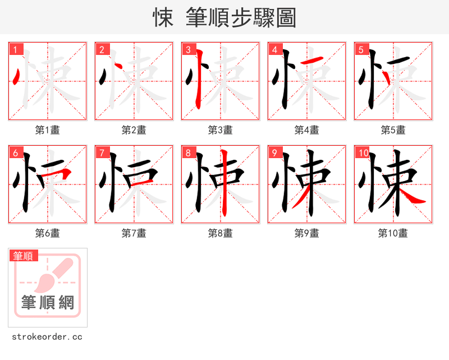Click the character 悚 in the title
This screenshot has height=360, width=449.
pos(163,18)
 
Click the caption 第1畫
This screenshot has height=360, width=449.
pos(48,130)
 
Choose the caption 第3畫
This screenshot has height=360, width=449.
pos(221,130)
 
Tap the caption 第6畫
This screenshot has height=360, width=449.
pos(48,233)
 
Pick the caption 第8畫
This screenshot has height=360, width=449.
pos(221,233)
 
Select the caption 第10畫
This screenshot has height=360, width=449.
pos(393,233)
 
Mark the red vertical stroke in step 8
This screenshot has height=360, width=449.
pos(224,182)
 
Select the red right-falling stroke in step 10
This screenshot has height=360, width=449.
pos(413,196)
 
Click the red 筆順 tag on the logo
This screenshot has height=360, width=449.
pos(24,256)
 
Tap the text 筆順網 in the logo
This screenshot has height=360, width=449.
pos(48,303)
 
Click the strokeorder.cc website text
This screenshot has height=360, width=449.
pos(48,337)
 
